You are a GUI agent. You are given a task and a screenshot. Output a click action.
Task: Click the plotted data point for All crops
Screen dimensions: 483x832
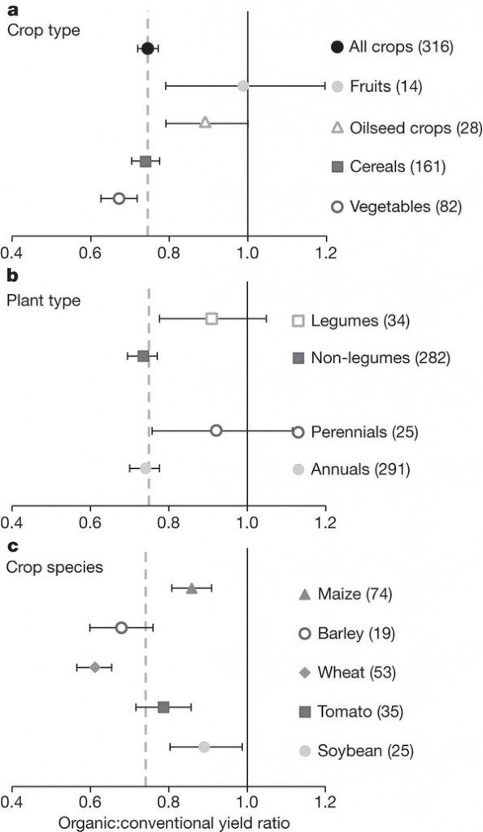pyautogui.click(x=147, y=49)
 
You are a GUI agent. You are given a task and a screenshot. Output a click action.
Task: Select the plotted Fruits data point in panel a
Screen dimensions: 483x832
pyautogui.click(x=243, y=86)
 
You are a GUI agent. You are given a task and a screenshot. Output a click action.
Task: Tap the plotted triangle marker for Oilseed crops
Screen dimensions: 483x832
pyautogui.click(x=206, y=123)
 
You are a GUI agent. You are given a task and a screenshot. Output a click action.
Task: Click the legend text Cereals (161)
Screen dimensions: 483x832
pyautogui.click(x=398, y=167)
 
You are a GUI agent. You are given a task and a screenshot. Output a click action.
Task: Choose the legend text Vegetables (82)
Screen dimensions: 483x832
pyautogui.click(x=406, y=206)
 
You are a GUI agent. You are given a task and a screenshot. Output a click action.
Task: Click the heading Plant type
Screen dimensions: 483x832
pyautogui.click(x=44, y=301)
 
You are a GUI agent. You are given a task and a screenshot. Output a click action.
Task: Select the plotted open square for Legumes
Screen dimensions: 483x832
pyautogui.click(x=211, y=318)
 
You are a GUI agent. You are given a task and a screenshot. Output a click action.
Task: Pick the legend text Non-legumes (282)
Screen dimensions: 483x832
pyautogui.click(x=381, y=358)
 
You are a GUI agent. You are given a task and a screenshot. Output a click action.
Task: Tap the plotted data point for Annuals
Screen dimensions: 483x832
pyautogui.click(x=146, y=468)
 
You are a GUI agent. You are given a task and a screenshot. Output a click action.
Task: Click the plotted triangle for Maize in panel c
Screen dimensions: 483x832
pyautogui.click(x=192, y=588)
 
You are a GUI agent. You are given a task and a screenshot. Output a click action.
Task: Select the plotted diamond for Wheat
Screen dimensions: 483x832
pyautogui.click(x=95, y=667)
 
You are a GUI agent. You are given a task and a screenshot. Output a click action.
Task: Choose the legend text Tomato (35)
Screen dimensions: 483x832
pyautogui.click(x=356, y=711)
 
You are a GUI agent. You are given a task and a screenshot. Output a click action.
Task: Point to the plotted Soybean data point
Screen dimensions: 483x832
pyautogui.click(x=204, y=747)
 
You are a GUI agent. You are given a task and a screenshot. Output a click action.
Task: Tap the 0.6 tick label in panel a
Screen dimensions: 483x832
pyautogui.click(x=91, y=252)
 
